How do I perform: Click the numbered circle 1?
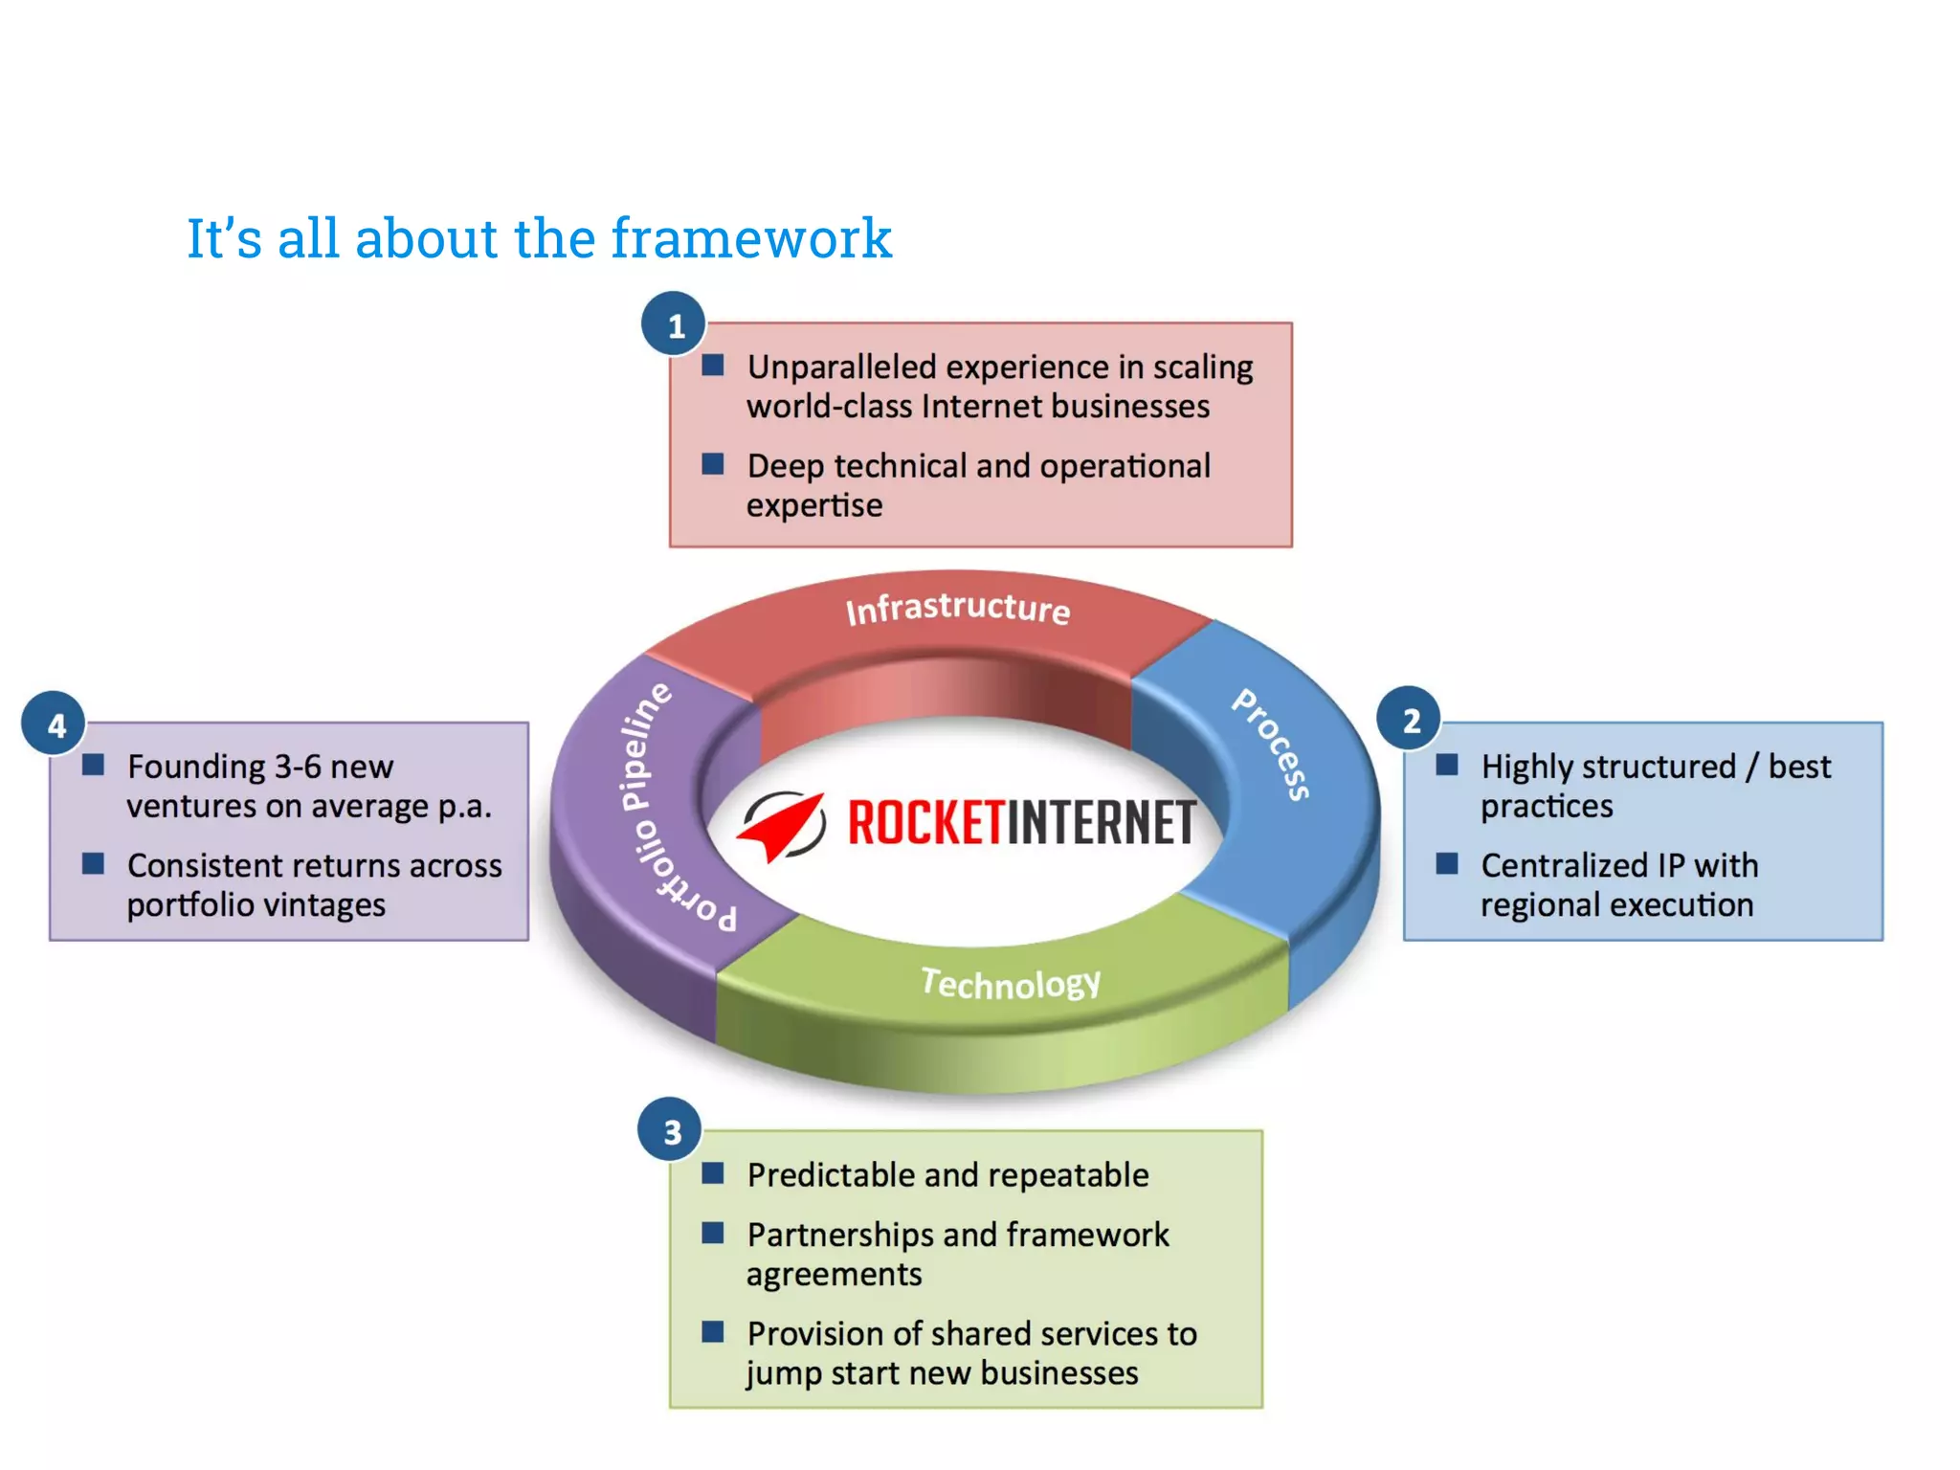click(674, 324)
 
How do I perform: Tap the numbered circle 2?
click(1409, 720)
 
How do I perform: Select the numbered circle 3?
click(671, 1130)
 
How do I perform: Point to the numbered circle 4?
click(55, 724)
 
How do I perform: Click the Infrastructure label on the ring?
click(957, 608)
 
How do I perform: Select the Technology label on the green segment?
click(1011, 982)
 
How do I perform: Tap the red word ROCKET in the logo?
click(924, 823)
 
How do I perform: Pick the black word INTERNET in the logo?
click(1101, 823)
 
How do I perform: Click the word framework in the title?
click(751, 237)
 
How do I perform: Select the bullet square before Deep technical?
click(713, 464)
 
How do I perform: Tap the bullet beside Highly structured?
click(1447, 765)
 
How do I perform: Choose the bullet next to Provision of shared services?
click(713, 1331)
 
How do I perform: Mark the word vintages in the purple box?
click(324, 904)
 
